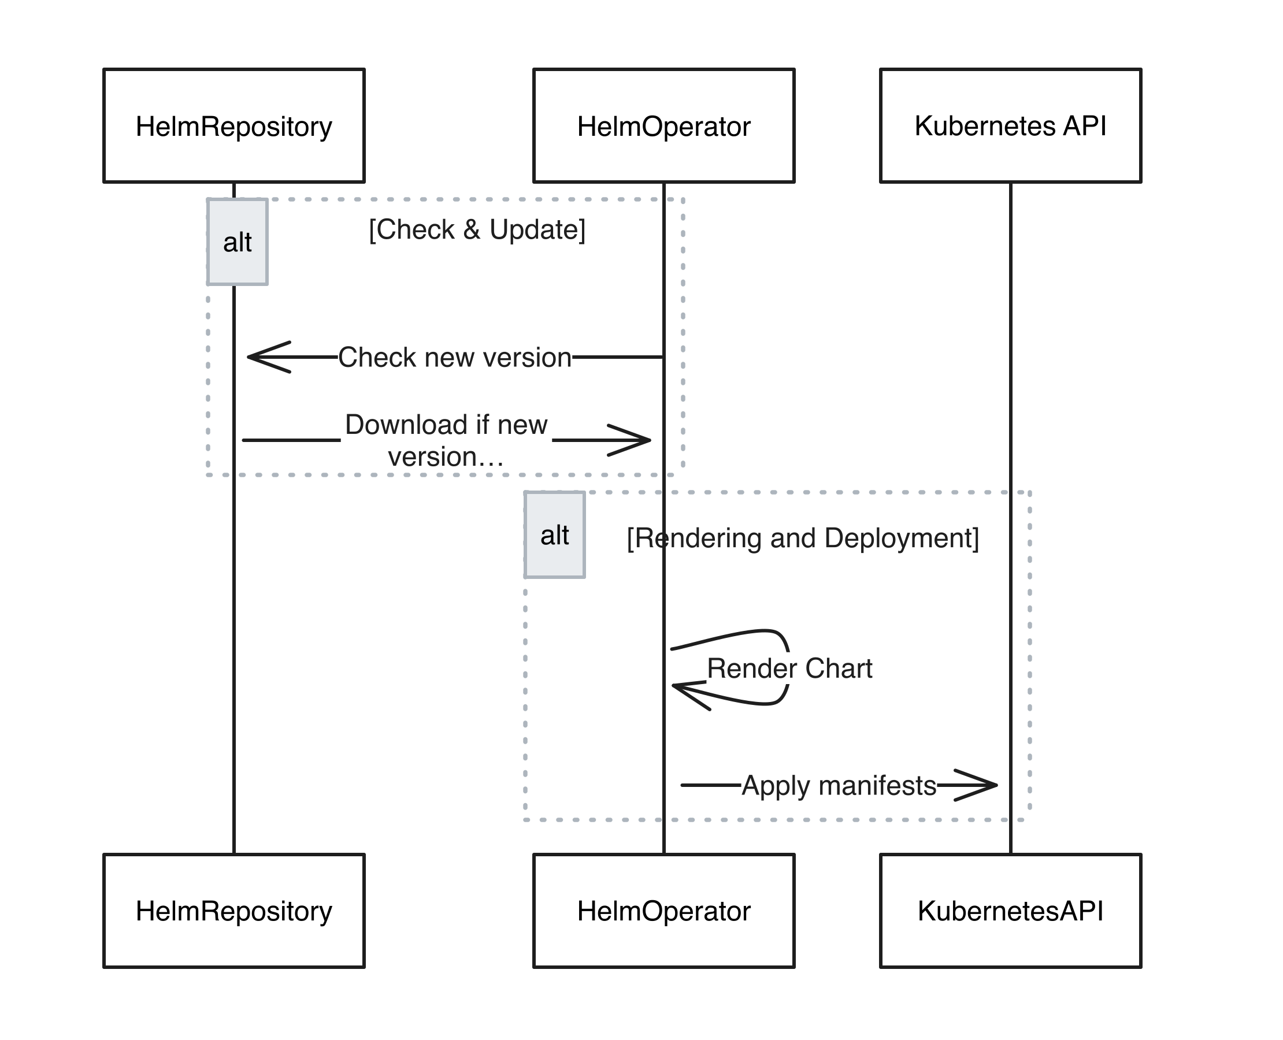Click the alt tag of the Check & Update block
(238, 243)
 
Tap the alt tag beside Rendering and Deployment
(554, 535)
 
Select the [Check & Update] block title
(477, 229)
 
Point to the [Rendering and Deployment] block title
(803, 538)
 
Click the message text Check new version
(455, 358)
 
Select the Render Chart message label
(789, 668)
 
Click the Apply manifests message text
(839, 785)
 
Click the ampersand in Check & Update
(472, 229)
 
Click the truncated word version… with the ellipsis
(445, 457)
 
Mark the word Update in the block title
(536, 229)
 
